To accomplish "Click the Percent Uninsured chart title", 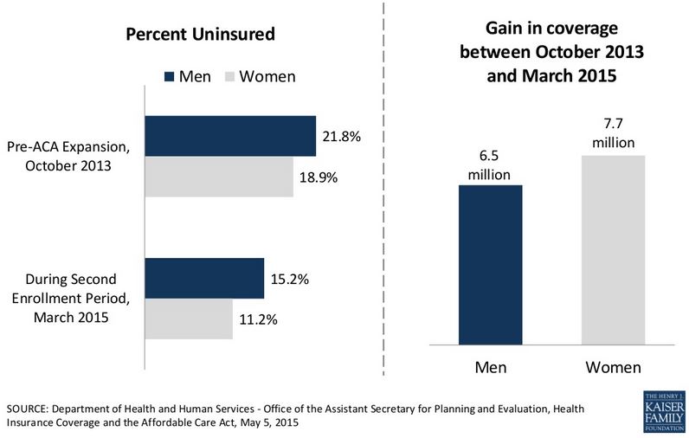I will coord(200,35).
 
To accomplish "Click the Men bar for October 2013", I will coord(229,136).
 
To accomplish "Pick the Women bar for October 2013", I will coord(218,177).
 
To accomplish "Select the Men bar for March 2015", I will coord(203,278).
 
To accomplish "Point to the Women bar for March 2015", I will coord(188,319).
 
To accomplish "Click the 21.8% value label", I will coord(342,137).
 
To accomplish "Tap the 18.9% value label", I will coord(319,177).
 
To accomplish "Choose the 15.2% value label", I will coord(290,279).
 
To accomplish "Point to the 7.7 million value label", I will coord(614,134).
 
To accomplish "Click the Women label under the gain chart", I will coord(614,367).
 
